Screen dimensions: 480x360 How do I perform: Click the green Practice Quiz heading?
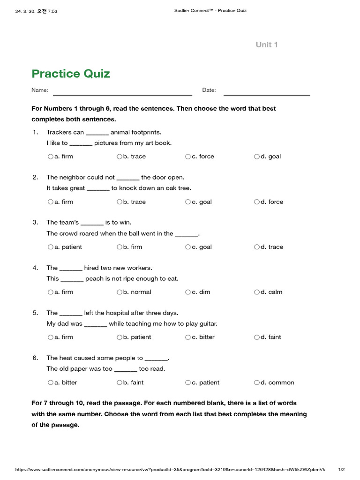click(71, 74)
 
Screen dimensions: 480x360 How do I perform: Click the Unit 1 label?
click(267, 45)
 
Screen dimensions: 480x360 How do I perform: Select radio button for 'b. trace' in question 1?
click(120, 157)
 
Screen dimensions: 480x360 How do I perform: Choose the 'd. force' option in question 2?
click(257, 202)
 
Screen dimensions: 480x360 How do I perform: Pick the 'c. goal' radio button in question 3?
click(188, 247)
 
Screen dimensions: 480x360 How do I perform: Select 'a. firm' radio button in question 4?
click(50, 292)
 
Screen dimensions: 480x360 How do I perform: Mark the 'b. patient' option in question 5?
click(120, 337)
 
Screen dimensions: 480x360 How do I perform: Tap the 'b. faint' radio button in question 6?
click(120, 382)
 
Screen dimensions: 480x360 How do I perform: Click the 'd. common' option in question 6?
click(257, 382)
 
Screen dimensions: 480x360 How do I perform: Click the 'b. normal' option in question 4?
click(120, 292)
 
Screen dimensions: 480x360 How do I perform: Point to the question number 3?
click(35, 222)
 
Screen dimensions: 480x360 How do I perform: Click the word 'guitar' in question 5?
click(207, 323)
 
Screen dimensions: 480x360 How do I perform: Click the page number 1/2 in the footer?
click(341, 470)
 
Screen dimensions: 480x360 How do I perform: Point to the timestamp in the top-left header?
click(36, 11)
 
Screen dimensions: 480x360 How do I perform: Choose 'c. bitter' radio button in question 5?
click(188, 337)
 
